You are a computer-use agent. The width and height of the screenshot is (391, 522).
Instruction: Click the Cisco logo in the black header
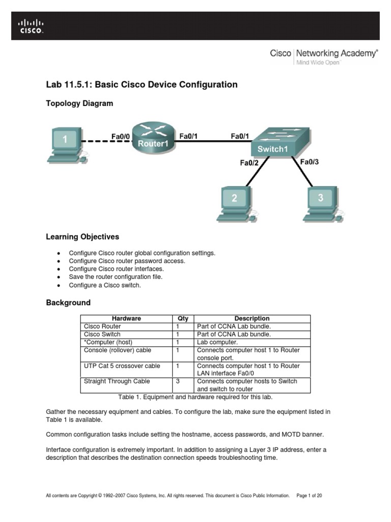32,26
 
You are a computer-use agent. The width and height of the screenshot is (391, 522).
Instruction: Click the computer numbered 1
66,145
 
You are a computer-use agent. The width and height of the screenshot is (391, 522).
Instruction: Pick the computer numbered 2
235,203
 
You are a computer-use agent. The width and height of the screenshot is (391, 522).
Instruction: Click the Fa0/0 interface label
121,136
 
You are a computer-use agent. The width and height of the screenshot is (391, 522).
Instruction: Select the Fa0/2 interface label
249,163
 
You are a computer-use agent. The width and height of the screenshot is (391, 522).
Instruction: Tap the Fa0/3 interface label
310,162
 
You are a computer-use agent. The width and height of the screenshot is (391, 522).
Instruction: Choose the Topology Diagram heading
79,103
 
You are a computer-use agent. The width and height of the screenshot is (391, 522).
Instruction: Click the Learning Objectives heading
82,237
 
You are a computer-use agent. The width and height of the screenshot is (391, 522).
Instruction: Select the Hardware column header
126,319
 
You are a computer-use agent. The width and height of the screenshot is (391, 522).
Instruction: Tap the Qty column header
183,319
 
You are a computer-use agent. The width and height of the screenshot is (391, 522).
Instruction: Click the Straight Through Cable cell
117,381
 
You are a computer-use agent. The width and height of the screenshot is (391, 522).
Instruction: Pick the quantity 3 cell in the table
178,381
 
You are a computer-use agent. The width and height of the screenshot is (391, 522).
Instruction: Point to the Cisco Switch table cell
102,334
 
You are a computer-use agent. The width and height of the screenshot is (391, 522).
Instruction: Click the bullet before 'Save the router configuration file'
59,277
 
